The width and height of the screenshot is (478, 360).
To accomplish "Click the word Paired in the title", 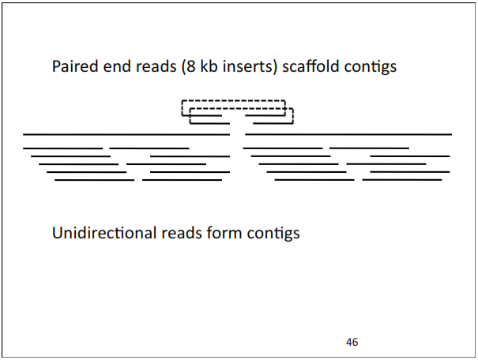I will (73, 66).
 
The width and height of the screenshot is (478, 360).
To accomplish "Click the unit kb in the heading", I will (209, 66).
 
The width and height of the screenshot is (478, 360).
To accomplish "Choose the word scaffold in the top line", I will (310, 66).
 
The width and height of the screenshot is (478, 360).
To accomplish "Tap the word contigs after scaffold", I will (369, 66).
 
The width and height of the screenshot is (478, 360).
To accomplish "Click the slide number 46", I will (352, 342).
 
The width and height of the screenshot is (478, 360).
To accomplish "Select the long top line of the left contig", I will (126, 134).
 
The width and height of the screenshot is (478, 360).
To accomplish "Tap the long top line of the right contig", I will (348, 134).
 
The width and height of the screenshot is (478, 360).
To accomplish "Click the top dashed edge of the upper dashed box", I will (233, 100).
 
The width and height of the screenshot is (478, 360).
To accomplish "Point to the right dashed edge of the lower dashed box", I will (293, 116).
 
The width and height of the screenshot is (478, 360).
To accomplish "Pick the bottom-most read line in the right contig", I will (401, 180).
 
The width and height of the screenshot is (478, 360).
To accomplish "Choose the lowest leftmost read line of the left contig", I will (94, 180).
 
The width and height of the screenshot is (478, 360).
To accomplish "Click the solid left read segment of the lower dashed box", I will (209, 123).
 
